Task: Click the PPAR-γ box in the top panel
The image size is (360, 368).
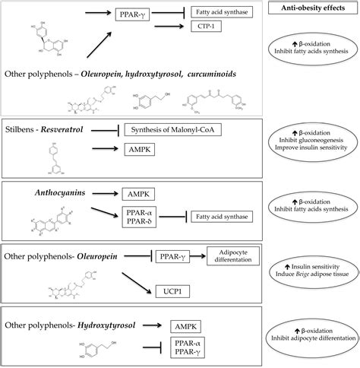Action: coord(131,13)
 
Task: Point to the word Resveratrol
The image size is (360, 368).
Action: coord(71,130)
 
